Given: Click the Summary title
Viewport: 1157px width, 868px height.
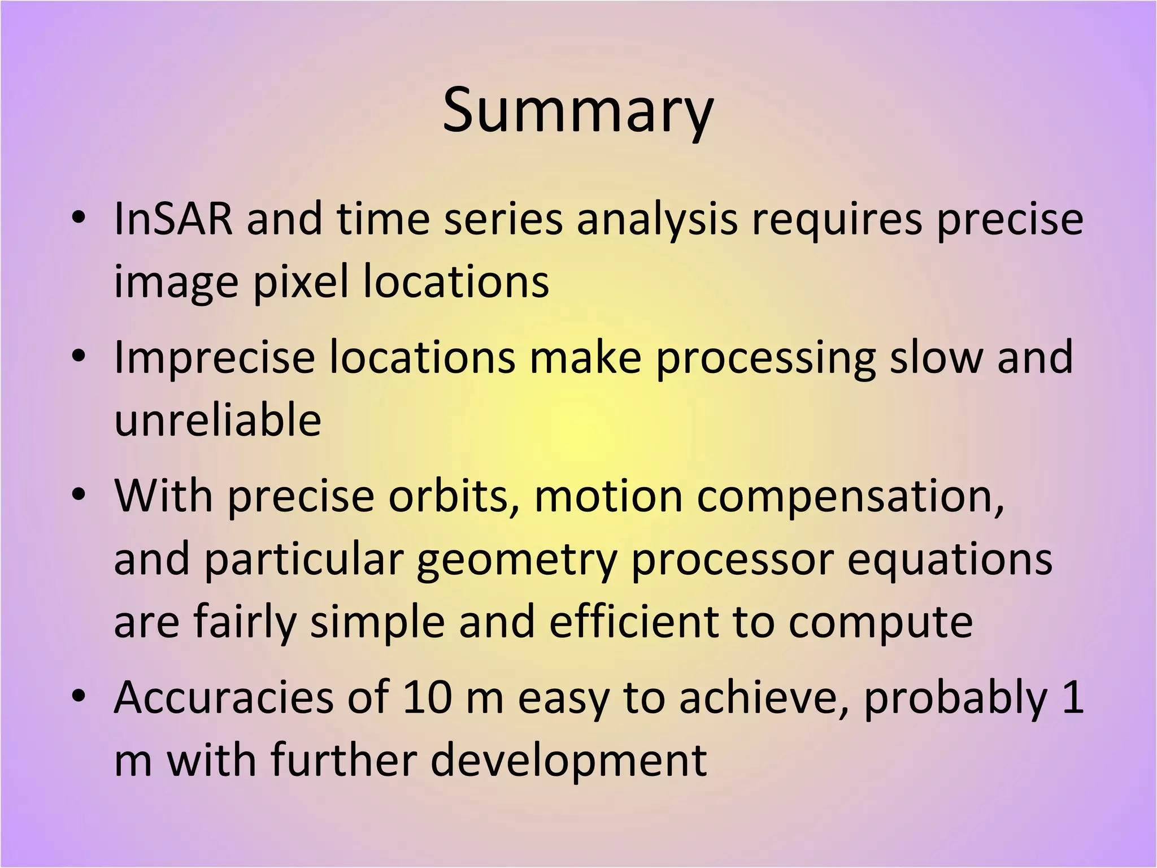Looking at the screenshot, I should tap(578, 111).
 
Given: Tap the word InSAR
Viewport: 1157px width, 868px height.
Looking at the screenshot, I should tap(173, 219).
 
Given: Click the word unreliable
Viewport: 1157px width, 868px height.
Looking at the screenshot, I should tap(218, 420).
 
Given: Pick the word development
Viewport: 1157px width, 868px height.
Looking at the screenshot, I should tap(568, 761).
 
